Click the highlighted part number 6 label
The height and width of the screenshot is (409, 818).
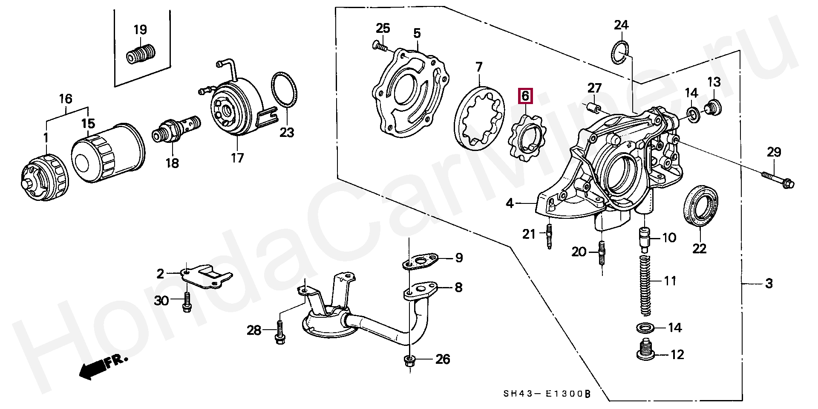click(525, 96)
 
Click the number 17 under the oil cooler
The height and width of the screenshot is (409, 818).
click(237, 158)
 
